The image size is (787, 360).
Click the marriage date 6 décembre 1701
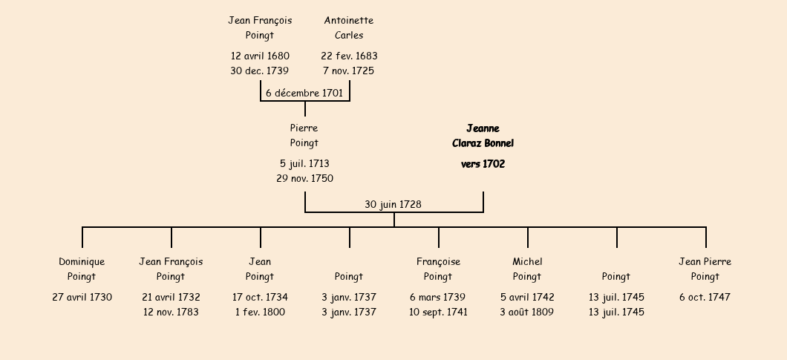pos(304,93)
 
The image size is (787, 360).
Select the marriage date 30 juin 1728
pos(393,204)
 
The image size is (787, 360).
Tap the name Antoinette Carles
pos(349,27)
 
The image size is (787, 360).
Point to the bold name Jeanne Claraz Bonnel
pos(483,136)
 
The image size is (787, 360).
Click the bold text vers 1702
pos(483,164)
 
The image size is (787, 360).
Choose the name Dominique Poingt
pos(82,269)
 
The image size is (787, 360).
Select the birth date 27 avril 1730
pos(82,297)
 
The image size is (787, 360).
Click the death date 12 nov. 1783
pos(171,312)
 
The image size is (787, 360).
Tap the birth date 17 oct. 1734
pos(260,297)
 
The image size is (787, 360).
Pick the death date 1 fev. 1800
pos(260,312)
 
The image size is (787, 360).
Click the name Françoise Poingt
pos(438,269)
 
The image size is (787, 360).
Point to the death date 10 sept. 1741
pos(438,312)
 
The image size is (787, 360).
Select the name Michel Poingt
pos(527,269)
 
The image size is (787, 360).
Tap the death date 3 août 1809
pos(527,312)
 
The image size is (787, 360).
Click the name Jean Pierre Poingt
pos(705,269)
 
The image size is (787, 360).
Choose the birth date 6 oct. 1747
pos(705,297)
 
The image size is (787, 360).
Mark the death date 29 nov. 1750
pos(304,178)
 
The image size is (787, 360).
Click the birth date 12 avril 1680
pos(260,56)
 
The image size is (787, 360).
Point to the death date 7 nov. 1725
pos(349,71)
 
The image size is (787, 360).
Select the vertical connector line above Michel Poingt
pos(528,238)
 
